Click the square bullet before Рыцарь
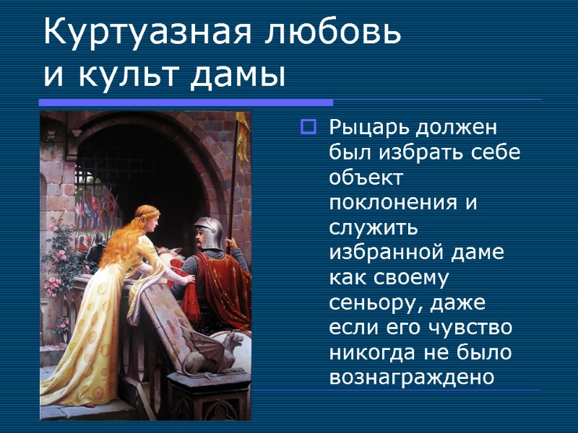point(308,129)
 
